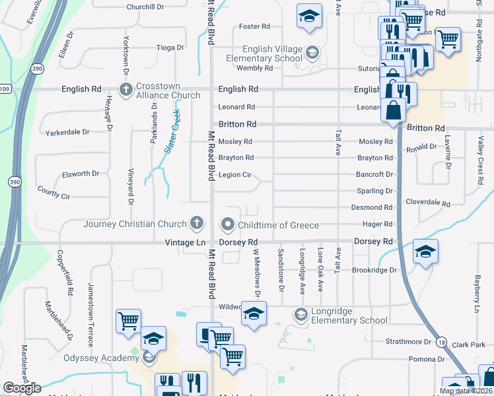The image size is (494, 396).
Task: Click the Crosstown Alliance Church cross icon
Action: (x=125, y=89)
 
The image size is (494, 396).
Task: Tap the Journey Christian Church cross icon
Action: (x=196, y=224)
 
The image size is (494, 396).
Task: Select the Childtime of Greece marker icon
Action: (x=229, y=225)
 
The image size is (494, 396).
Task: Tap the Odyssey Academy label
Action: (x=96, y=358)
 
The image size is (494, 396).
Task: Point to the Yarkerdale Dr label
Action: (x=67, y=132)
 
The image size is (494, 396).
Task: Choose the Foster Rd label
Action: (x=255, y=26)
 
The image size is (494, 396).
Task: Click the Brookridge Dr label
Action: (x=374, y=271)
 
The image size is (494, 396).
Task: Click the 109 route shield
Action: (x=5, y=88)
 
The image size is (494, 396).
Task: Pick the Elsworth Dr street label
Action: (x=81, y=174)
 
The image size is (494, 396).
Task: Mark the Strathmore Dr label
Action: (x=408, y=342)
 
